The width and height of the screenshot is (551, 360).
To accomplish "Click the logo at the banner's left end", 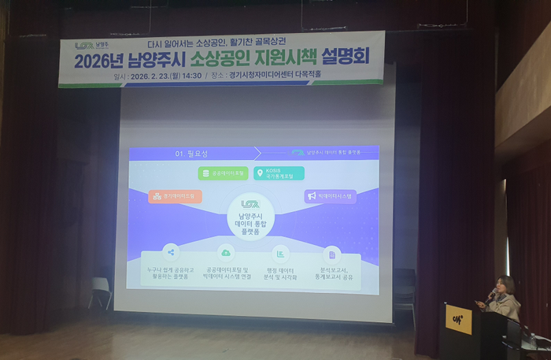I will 85,47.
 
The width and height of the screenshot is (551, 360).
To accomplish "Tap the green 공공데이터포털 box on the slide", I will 224,173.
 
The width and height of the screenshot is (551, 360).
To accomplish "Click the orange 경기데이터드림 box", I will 176,196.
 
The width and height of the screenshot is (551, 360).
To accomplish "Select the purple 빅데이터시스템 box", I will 331,196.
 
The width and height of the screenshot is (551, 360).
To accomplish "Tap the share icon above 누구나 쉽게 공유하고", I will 171,252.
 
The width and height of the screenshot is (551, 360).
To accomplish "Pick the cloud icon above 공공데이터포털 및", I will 226,253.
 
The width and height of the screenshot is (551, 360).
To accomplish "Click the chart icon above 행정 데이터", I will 279,253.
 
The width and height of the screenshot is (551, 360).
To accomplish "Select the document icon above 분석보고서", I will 332,254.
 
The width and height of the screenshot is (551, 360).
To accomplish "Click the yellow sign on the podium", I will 458,319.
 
